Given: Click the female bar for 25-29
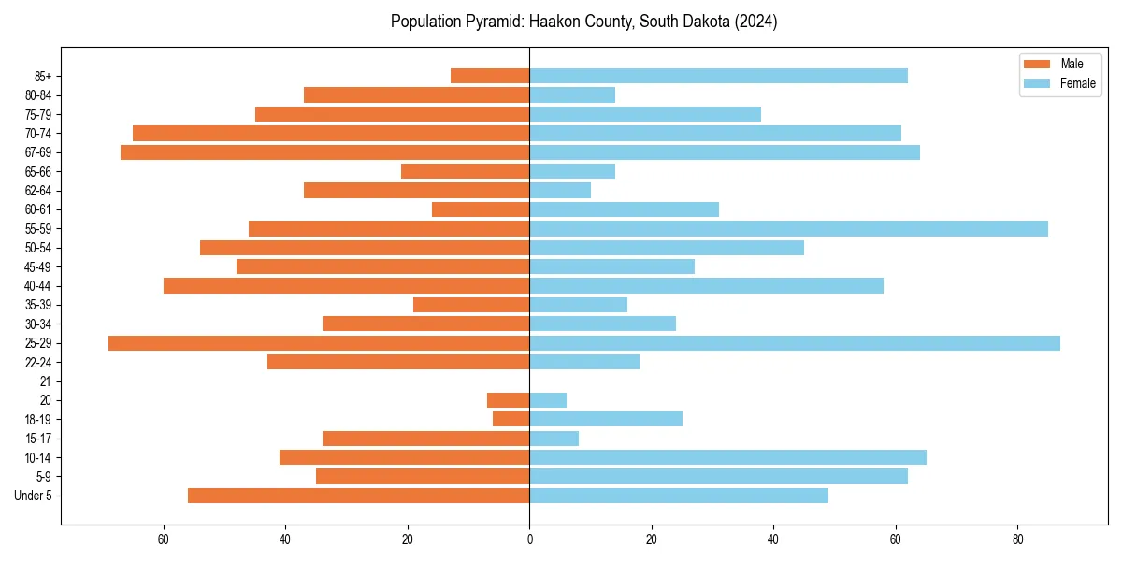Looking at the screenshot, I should [x=795, y=343].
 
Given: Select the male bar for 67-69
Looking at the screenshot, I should [x=325, y=152].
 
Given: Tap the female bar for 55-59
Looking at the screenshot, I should [x=788, y=228].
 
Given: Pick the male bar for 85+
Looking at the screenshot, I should [x=490, y=76].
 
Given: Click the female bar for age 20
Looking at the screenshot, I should [x=548, y=400].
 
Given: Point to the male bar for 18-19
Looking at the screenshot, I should [x=511, y=419].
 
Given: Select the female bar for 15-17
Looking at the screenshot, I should [x=554, y=439].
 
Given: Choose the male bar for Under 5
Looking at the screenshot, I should [x=359, y=496].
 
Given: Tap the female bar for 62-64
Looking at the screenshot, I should [x=560, y=191].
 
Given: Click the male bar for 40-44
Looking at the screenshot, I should [x=347, y=285].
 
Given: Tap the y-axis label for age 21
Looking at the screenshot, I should [x=45, y=381].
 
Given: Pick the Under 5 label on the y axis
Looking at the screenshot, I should [x=33, y=496].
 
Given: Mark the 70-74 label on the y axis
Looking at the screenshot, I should [x=37, y=134].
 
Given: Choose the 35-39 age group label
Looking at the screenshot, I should [x=37, y=305].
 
